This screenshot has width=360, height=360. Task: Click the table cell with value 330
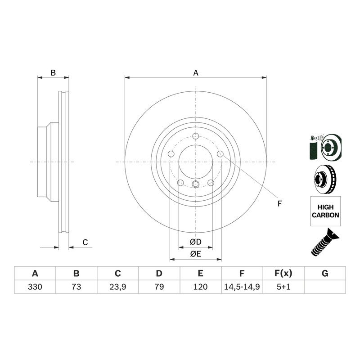click(x=35, y=287)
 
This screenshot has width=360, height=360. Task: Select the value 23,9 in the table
click(x=118, y=287)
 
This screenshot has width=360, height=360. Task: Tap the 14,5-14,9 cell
click(x=242, y=287)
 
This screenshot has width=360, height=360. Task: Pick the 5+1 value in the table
click(x=283, y=287)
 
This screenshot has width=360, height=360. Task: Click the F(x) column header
click(x=283, y=274)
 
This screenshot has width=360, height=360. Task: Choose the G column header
click(x=325, y=274)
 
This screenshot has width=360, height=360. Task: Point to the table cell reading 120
click(x=200, y=287)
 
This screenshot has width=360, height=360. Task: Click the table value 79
click(x=159, y=287)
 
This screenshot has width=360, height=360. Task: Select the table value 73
click(x=76, y=287)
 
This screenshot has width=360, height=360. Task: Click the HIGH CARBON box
click(x=325, y=211)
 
